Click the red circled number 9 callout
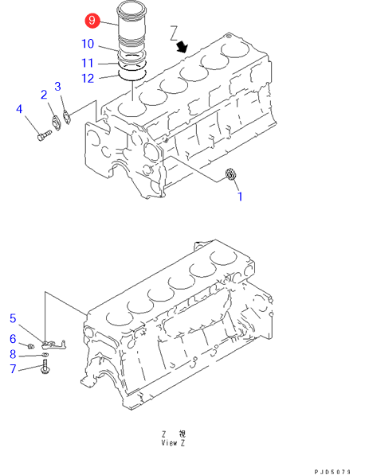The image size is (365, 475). click(x=92, y=21)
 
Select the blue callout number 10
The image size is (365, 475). click(x=88, y=44)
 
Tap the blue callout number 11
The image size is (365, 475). click(x=88, y=63)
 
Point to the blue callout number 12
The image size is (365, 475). click(x=88, y=79)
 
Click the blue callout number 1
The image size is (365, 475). click(x=240, y=197)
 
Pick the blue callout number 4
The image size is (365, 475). click(x=19, y=109)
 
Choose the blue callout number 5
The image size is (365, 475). click(x=13, y=318)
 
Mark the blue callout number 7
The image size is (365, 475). click(x=13, y=368)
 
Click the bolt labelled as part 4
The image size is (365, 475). click(x=45, y=136)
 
